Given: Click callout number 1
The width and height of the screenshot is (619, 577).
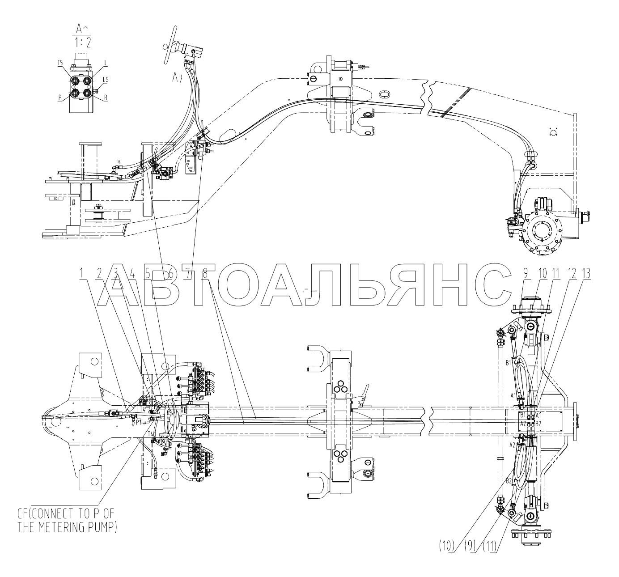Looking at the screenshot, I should point(82,272).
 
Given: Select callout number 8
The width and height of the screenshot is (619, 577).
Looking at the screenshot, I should point(205,272).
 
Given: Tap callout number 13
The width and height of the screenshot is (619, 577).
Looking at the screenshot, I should point(585,272).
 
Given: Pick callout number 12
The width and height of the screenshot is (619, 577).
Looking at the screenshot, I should point(570,272).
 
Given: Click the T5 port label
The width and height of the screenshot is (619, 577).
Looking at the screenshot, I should point(60,64).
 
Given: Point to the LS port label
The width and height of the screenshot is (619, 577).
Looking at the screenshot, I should point(106,80).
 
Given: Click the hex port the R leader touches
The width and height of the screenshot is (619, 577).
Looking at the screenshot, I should point(87,93).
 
